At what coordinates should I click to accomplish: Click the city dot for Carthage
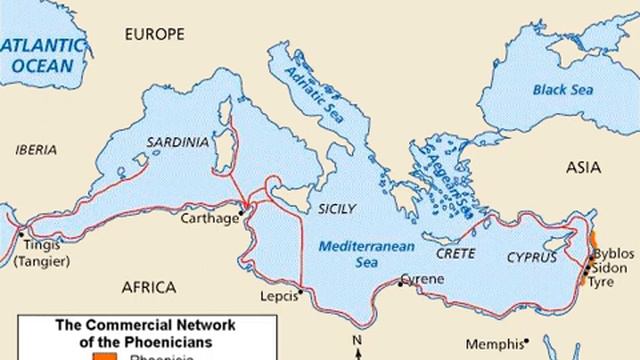tap(240, 212)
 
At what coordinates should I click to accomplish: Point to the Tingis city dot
tap(23, 233)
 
